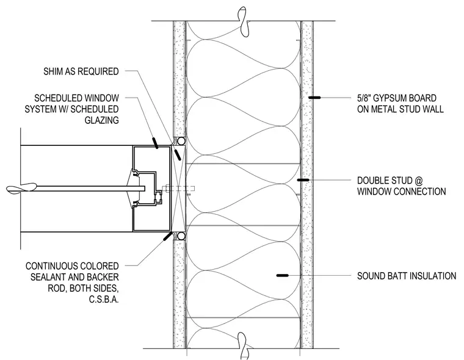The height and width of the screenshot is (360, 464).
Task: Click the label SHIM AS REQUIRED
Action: (x=81, y=71)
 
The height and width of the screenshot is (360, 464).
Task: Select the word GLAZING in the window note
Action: (x=102, y=120)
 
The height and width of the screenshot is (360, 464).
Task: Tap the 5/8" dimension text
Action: (x=365, y=98)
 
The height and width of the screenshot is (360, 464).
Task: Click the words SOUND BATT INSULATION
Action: (x=407, y=276)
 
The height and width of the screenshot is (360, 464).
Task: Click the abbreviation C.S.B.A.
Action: (x=104, y=300)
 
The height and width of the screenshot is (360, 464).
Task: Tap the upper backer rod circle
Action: (x=181, y=141)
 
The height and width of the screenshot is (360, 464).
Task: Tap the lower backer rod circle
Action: (x=181, y=236)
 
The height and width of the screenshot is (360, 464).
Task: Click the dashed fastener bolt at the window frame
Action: (x=178, y=189)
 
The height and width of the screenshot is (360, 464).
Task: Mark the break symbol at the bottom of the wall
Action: (x=244, y=346)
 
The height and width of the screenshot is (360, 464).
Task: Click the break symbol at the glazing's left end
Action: (x=21, y=189)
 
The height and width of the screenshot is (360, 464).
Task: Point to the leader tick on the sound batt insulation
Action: (x=282, y=275)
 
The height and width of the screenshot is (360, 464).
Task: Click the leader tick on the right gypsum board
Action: (x=314, y=97)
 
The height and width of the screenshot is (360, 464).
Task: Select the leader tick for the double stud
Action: (x=303, y=180)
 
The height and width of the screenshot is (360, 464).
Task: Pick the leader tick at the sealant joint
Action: (x=168, y=236)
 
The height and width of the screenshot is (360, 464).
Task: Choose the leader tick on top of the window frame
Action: (x=154, y=143)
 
